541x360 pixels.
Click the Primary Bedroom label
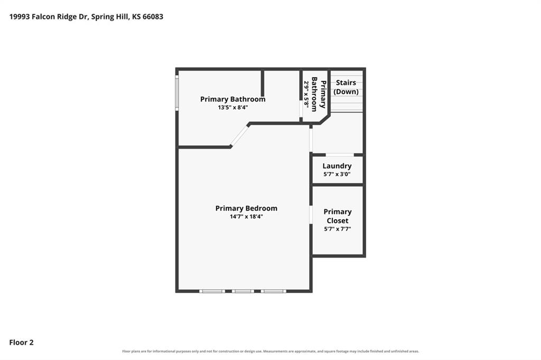(x=246, y=209)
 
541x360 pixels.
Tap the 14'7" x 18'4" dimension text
(x=246, y=216)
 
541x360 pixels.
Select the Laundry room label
(x=337, y=166)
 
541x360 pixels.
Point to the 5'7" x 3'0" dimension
(x=337, y=174)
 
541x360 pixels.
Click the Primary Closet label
(x=338, y=216)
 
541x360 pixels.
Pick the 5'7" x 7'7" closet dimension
(x=338, y=229)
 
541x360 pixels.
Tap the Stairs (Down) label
(x=346, y=87)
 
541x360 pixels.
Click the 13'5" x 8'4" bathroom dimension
(x=233, y=107)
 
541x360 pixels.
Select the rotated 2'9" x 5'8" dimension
(x=306, y=93)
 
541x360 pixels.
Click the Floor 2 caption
(x=21, y=343)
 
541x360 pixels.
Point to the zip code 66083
(x=153, y=16)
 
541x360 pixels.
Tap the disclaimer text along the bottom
(x=270, y=352)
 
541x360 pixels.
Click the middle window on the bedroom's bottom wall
(x=243, y=291)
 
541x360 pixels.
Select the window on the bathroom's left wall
(x=177, y=93)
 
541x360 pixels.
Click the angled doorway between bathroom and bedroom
(x=239, y=136)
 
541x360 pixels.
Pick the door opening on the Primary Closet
(x=311, y=214)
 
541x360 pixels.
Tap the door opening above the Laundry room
(x=340, y=155)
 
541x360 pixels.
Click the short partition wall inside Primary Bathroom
(x=263, y=83)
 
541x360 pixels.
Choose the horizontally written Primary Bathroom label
(x=233, y=99)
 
